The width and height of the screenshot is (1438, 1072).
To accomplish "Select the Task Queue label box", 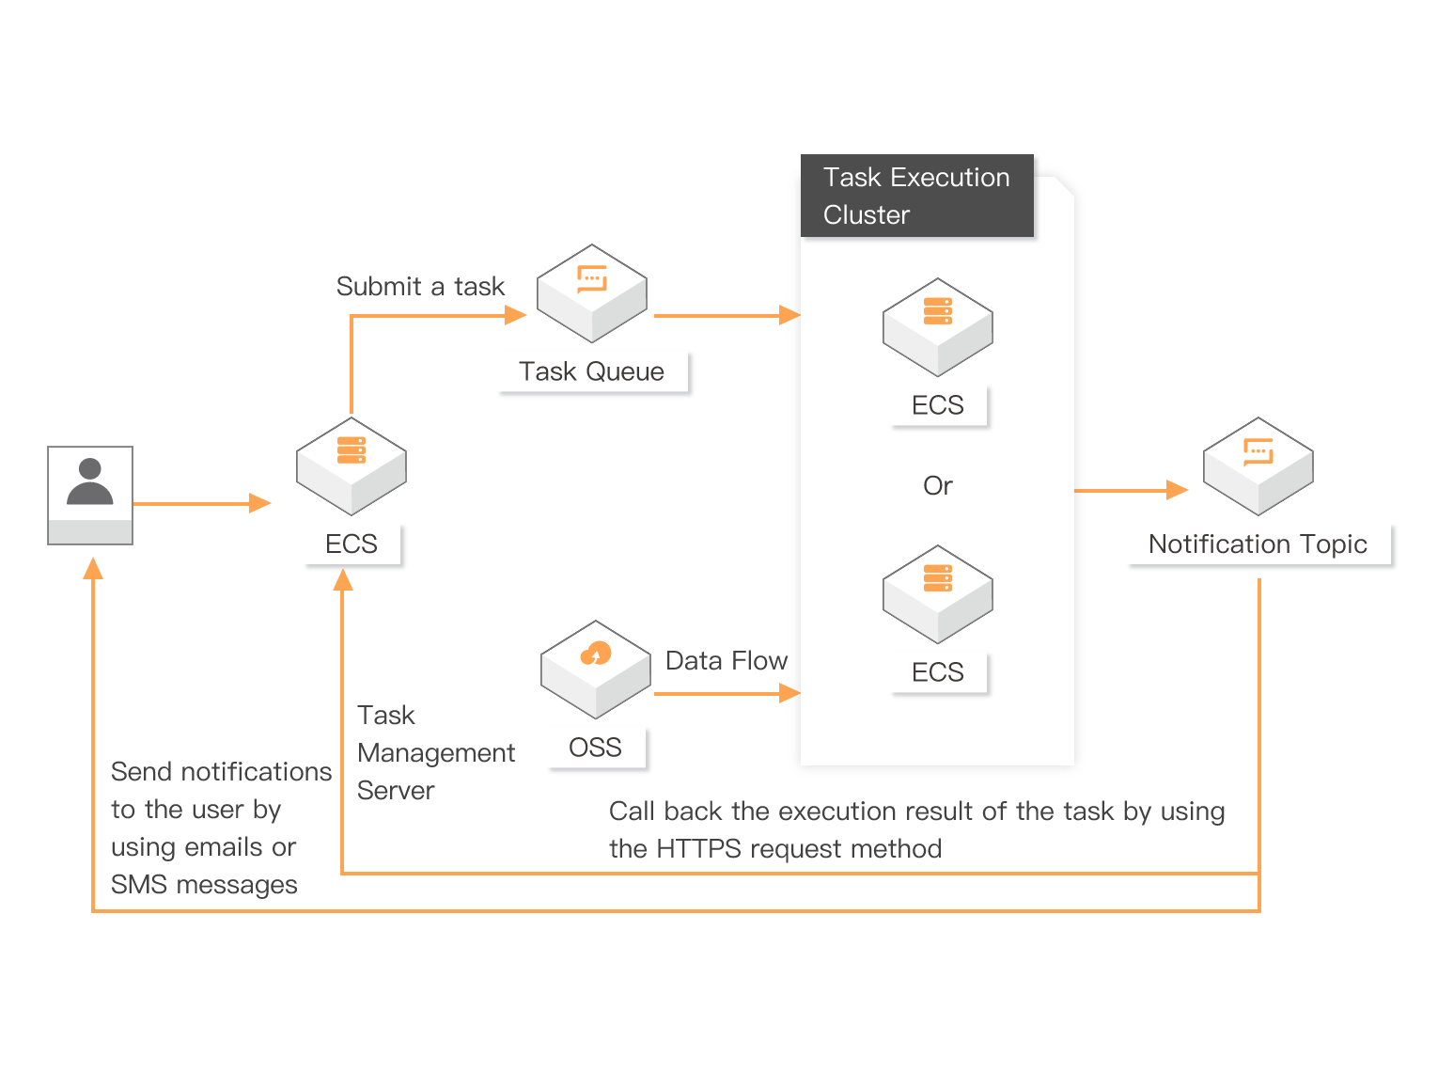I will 594,372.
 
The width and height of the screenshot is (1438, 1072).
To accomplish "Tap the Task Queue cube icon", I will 592,293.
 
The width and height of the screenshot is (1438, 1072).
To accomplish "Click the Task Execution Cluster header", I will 916,196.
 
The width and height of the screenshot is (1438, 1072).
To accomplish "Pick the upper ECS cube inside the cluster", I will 938,326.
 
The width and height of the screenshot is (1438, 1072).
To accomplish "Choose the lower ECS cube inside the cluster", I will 938,593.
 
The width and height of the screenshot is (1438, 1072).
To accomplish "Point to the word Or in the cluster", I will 938,486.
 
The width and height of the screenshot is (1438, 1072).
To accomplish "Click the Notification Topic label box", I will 1259,544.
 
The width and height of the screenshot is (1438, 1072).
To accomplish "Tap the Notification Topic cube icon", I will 1258,465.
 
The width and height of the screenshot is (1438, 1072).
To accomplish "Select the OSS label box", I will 597,749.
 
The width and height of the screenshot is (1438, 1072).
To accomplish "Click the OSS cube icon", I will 596,669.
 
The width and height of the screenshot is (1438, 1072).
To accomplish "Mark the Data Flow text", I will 726,661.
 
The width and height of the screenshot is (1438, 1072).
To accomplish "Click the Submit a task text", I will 420,287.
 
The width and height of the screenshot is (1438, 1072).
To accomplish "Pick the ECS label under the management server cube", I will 352,544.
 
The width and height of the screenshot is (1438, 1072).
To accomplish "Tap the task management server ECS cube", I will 352,465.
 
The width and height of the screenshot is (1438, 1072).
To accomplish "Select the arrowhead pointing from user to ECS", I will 260,504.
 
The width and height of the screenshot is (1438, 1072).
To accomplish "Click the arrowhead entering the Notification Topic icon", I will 1178,490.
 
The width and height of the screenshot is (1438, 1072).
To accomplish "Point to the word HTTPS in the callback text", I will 699,849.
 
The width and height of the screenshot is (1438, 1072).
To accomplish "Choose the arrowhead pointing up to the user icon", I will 93,568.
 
